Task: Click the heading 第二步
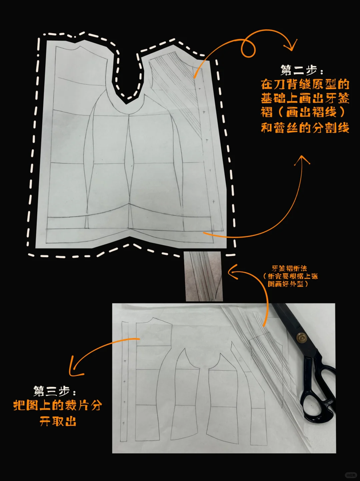click(301, 70)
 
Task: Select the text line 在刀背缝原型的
click(305, 84)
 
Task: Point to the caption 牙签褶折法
click(289, 268)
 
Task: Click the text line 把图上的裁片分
click(57, 406)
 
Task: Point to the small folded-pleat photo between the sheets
click(204, 276)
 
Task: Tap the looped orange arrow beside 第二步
click(247, 47)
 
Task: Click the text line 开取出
click(58, 421)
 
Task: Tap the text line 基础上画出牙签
click(305, 98)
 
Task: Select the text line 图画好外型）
click(288, 284)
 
